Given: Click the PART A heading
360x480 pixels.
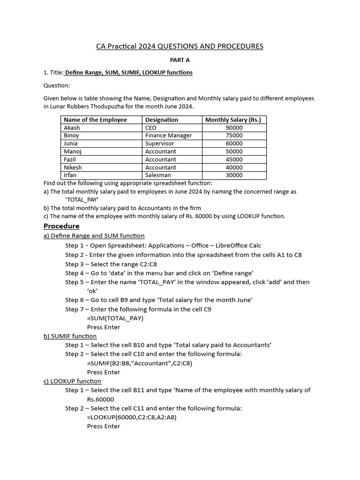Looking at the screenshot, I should [180, 60].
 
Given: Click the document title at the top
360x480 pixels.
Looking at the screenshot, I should [180, 46].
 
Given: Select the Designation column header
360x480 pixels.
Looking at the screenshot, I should [162, 120].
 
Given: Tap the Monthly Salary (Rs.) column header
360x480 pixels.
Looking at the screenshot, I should [233, 120].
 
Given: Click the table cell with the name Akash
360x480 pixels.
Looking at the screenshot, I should [72, 127].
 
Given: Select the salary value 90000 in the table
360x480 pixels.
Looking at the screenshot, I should [234, 127].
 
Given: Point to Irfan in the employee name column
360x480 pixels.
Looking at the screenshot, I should [70, 175].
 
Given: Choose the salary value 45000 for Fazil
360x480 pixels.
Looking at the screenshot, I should [234, 159].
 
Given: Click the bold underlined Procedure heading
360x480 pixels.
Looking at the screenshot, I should [61, 226].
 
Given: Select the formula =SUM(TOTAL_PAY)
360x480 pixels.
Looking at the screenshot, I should [115, 318].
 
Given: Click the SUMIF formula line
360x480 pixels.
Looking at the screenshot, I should [139, 363].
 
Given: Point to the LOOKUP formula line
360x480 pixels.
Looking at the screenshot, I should [132, 417].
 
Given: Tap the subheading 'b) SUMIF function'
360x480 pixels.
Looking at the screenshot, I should [70, 336].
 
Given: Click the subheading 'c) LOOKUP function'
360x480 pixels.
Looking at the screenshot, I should [72, 381].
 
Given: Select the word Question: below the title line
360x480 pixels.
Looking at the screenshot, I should [56, 85].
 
